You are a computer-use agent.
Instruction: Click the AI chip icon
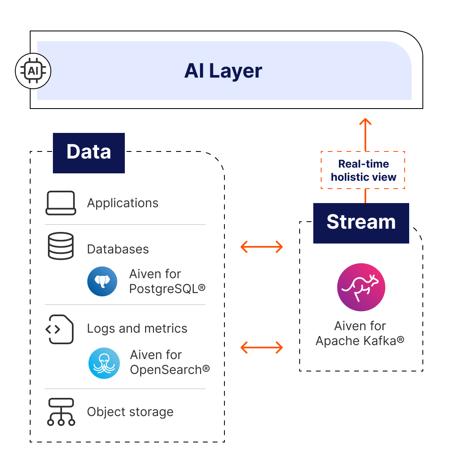point(33,71)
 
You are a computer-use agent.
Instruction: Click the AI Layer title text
point(223,71)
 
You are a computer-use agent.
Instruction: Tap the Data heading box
point(89,152)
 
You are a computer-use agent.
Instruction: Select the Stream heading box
point(361,222)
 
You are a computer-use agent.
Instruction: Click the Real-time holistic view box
point(363,170)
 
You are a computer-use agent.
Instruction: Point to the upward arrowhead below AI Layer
point(365,122)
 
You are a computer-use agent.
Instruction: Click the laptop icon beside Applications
point(61,203)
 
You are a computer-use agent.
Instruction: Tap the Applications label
point(123,203)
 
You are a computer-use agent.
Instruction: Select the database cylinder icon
point(61,246)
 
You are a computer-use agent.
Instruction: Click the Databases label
point(118,249)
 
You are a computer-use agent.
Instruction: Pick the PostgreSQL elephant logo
point(102,281)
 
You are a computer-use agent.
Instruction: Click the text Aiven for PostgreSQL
point(167,281)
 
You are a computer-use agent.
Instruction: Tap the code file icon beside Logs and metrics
point(60,329)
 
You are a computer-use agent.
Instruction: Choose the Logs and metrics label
point(137,329)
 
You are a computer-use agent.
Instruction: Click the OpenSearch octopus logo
point(104,363)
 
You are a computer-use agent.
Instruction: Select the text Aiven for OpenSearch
point(169,362)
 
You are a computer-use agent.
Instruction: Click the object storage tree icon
point(61,412)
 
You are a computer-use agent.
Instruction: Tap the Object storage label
point(130,412)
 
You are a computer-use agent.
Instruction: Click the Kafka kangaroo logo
point(361,287)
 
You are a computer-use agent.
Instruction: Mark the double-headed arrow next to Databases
point(262,247)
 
